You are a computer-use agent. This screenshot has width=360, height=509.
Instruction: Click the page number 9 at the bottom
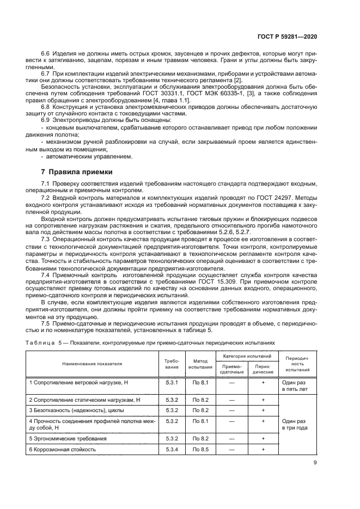pyautogui.click(x=315, y=463)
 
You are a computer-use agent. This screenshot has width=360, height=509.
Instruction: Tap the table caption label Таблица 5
pyautogui.click(x=49, y=343)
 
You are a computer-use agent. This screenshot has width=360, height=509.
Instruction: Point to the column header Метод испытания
pyautogui.click(x=198, y=363)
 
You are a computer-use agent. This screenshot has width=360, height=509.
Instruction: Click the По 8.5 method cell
pyautogui.click(x=198, y=449)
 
